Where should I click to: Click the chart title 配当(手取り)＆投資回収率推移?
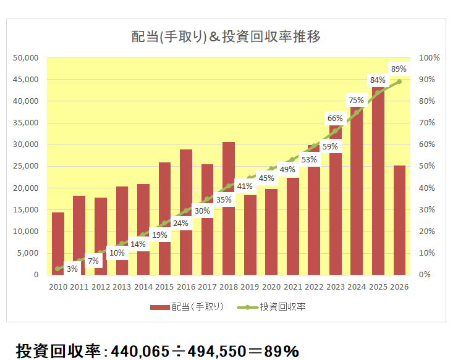point(226,36)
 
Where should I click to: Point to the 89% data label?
point(399,69)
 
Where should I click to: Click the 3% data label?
point(72,269)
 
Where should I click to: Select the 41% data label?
point(245,186)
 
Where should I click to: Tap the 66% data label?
point(335,118)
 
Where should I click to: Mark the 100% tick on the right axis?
point(429,58)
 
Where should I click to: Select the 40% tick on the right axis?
point(427,188)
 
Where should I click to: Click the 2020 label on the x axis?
point(271,287)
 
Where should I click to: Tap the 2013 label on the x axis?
point(122,287)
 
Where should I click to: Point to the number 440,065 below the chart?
point(140,351)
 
